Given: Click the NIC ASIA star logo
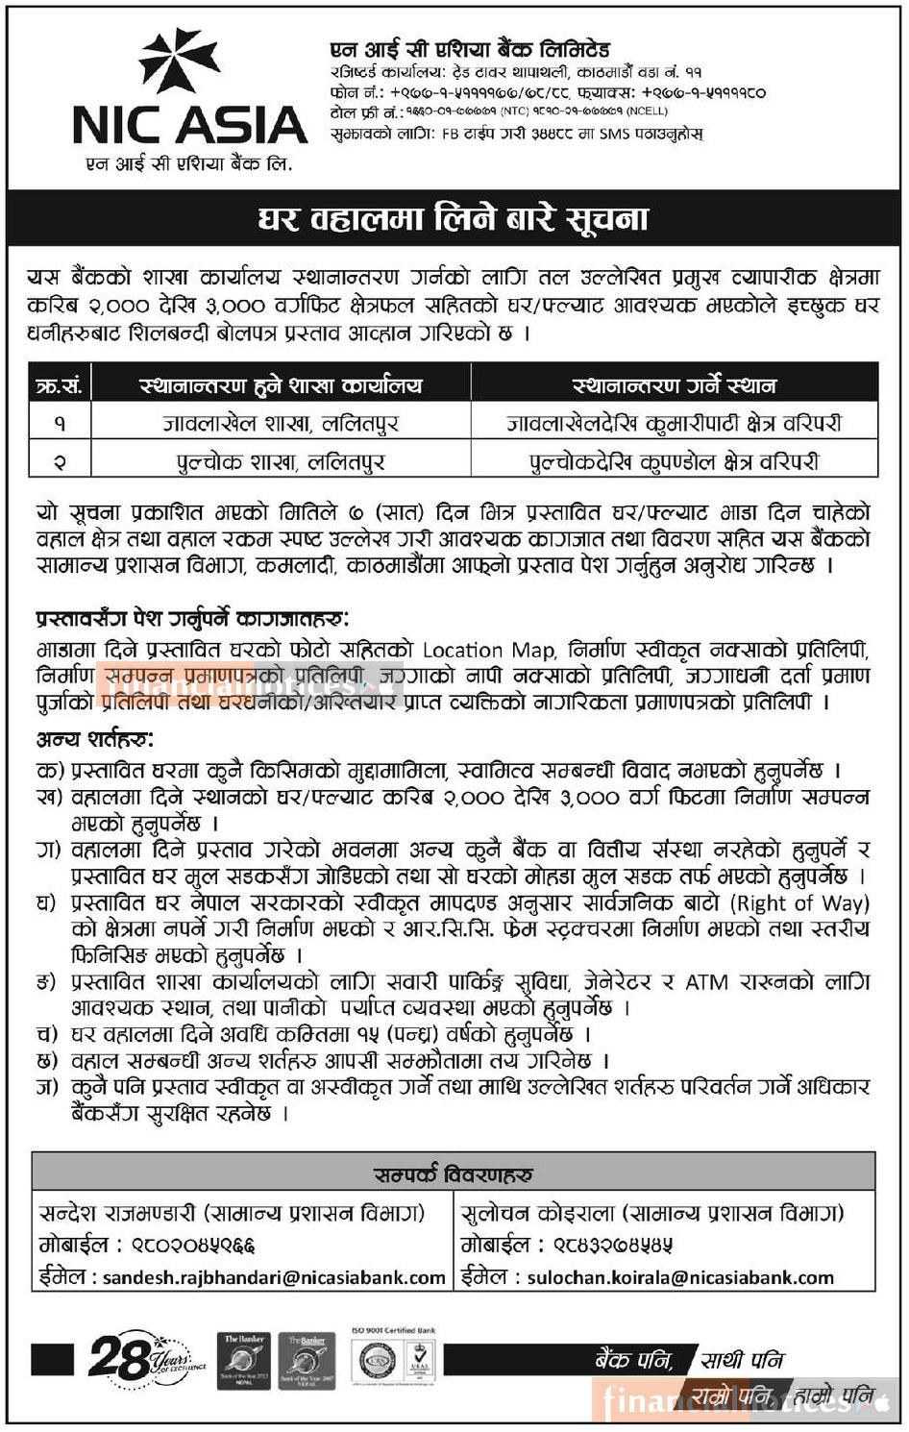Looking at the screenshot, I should coord(179,62).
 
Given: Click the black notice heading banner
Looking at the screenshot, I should coord(454,218).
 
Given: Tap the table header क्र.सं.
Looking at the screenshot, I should coord(59,386).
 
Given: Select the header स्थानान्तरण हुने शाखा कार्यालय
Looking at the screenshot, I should coord(281,386).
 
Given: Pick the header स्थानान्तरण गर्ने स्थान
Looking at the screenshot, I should coord(674,386).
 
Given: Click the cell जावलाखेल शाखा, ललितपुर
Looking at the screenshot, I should coord(281,423).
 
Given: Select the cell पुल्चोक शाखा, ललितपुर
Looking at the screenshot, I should coord(281,461).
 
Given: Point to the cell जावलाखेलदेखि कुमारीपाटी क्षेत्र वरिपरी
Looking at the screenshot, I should coord(674,423).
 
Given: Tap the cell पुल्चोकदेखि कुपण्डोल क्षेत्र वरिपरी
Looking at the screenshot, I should coord(674,461).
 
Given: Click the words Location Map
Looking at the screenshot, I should coord(488,651).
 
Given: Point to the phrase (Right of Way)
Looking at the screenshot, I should coord(799,903).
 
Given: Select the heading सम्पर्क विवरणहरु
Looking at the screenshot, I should coord(454,1174).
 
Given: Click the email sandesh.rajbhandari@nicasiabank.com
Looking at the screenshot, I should coord(274,1278).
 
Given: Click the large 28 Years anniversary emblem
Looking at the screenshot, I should coord(144,1358).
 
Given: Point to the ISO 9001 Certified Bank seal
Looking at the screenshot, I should coord(394,1358).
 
